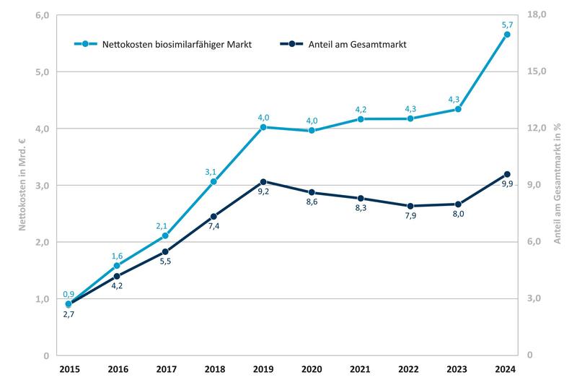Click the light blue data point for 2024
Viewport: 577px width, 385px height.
(x=507, y=35)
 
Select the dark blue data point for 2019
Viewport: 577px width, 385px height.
(x=263, y=181)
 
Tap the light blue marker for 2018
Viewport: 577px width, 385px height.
(x=214, y=181)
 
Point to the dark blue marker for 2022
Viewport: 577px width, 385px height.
(x=410, y=206)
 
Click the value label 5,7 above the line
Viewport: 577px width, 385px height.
(x=507, y=25)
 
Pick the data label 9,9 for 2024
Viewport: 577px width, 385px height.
(x=507, y=185)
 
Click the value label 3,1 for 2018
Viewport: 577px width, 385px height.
(x=211, y=171)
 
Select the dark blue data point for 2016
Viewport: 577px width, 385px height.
(x=117, y=276)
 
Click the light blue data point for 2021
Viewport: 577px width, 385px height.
(x=361, y=118)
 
